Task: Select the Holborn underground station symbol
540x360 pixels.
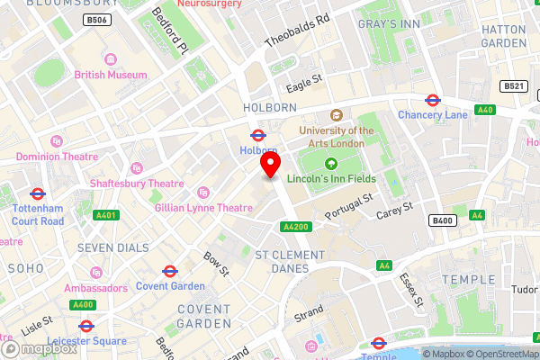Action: pyautogui.click(x=256, y=135)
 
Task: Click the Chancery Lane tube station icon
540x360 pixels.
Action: pyautogui.click(x=432, y=100)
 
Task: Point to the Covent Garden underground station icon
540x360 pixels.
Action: pyautogui.click(x=169, y=271)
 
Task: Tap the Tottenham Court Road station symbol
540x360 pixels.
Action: pyautogui.click(x=37, y=193)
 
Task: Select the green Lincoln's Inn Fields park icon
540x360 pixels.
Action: pyautogui.click(x=330, y=164)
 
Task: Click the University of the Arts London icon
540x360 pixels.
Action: pyautogui.click(x=337, y=115)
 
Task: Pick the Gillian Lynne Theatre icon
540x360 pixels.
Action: pyautogui.click(x=202, y=192)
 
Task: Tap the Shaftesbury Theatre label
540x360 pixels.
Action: pyautogui.click(x=136, y=184)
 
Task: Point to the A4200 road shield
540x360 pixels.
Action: pyautogui.click(x=297, y=227)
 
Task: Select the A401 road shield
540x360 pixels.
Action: pyautogui.click(x=106, y=215)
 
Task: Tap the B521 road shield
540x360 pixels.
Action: pyautogui.click(x=514, y=86)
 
